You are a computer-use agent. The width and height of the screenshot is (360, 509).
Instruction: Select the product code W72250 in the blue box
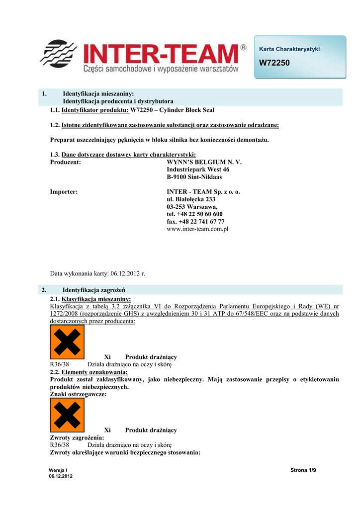(x=274, y=64)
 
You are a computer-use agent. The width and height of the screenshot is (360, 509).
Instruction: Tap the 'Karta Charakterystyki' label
(x=289, y=49)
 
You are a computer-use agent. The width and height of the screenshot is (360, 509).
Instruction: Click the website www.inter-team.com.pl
(x=197, y=229)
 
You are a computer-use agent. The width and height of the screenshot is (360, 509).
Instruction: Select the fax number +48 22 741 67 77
(x=196, y=222)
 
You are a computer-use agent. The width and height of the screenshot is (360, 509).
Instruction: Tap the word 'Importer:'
(x=64, y=192)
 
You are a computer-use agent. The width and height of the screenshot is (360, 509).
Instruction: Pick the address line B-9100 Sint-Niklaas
(x=194, y=177)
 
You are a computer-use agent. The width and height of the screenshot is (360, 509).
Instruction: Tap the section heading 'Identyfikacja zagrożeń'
(x=93, y=289)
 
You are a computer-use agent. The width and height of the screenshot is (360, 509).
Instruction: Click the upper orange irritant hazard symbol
(x=67, y=342)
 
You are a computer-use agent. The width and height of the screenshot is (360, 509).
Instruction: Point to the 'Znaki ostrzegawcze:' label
(x=78, y=394)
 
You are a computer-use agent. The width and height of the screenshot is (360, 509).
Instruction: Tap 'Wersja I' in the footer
(x=58, y=470)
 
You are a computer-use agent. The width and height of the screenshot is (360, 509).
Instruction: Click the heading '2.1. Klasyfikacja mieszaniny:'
(x=90, y=299)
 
